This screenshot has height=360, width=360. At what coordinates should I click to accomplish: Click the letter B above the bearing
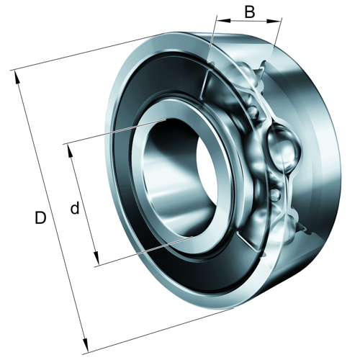(249, 12)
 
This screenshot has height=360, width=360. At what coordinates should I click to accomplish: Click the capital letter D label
(41, 217)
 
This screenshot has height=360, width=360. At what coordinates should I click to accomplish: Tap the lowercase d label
(75, 209)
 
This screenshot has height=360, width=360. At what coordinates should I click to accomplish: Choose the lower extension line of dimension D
(158, 332)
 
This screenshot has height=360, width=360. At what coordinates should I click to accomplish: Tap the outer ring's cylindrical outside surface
(317, 180)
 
